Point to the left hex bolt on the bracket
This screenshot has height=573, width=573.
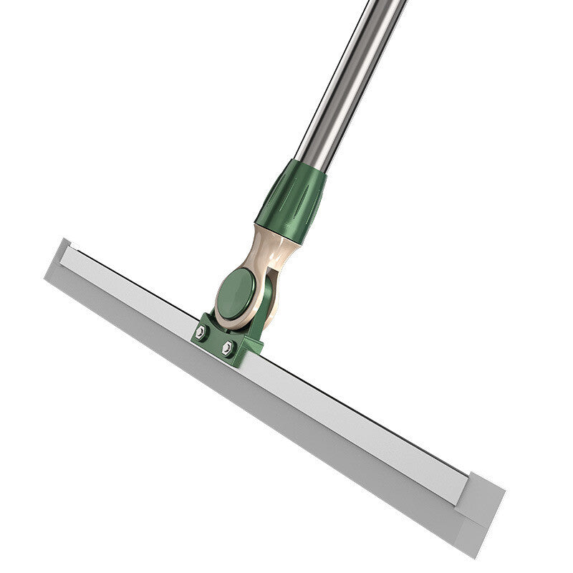[x=201, y=332]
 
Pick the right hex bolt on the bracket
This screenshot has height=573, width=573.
[x=228, y=348]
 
